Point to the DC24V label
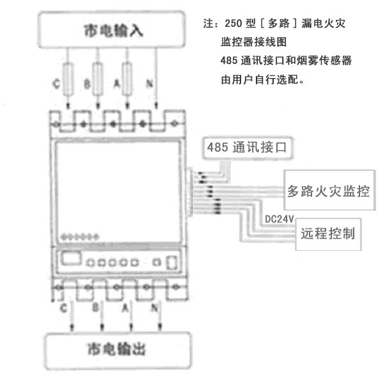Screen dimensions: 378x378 279,219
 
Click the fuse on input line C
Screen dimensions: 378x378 68,79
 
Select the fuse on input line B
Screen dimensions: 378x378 98,79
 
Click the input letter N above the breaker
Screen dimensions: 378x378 150,84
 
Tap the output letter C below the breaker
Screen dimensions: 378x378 63,308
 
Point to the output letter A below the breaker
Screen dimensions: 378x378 125,308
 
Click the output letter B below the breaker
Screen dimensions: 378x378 96,308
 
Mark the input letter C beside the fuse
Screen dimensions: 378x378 56,84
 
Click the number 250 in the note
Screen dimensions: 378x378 233,24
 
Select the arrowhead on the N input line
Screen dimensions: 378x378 156,106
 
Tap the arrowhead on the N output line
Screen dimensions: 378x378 160,327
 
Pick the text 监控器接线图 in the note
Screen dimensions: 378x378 254,42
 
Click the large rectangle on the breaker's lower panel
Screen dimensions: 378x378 70,258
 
